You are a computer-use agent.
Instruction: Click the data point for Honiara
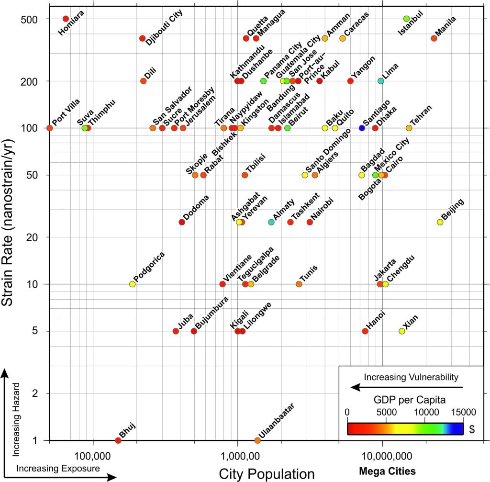point(66,19)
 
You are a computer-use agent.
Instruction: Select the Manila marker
point(434,38)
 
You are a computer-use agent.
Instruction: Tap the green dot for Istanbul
point(407,19)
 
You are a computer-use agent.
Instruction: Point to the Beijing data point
point(440,222)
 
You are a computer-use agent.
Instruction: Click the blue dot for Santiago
point(362,128)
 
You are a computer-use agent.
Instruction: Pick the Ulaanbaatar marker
point(257,440)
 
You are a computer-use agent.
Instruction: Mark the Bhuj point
point(118,440)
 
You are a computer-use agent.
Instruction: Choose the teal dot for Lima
point(380,81)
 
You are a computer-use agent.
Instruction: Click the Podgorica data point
point(133,284)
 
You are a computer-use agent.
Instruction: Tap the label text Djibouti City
point(164,28)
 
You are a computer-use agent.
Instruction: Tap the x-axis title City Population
point(267,473)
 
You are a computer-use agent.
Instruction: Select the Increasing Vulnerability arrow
point(407,387)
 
